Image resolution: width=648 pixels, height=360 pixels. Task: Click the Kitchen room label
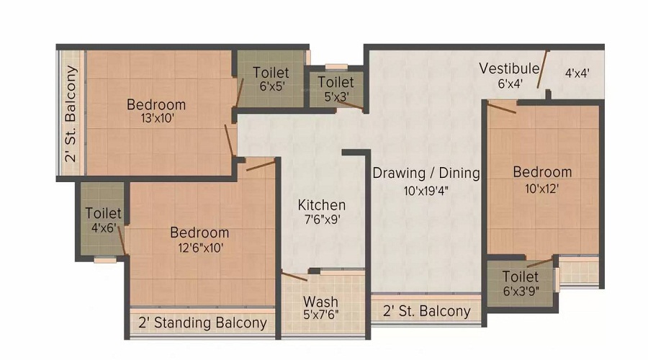pos(322,204)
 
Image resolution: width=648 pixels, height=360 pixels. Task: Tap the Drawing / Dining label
pos(426,173)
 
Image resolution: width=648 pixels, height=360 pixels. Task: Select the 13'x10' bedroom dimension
pos(157,119)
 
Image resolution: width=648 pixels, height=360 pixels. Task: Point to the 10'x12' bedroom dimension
pos(541,189)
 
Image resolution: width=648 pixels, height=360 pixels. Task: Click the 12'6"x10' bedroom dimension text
pos(201,248)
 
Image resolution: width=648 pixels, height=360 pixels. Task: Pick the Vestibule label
pos(509,68)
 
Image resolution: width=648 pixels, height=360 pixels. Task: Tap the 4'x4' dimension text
pos(577,73)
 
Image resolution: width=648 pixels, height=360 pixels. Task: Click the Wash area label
pos(320,301)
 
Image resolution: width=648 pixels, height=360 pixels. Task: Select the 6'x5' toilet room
pos(271,79)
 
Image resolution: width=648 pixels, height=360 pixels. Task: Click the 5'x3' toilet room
pos(336,89)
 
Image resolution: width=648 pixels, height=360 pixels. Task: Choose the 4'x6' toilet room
pos(102,219)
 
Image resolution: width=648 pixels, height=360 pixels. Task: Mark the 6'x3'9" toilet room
pos(521,283)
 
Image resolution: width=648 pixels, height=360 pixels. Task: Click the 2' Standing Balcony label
pos(202,323)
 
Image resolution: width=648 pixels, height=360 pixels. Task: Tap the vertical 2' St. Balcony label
pos(71,113)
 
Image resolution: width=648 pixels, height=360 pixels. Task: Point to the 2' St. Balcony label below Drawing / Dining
pos(426,311)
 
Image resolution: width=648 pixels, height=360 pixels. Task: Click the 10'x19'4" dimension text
pos(426,191)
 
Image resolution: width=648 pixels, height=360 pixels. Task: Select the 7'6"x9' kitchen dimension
pos(322,220)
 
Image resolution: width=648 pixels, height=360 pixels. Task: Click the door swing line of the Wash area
pos(294,277)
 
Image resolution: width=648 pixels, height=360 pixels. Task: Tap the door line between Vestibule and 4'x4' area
pos(543,69)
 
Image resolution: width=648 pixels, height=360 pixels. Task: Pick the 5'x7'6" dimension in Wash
pos(320,315)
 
